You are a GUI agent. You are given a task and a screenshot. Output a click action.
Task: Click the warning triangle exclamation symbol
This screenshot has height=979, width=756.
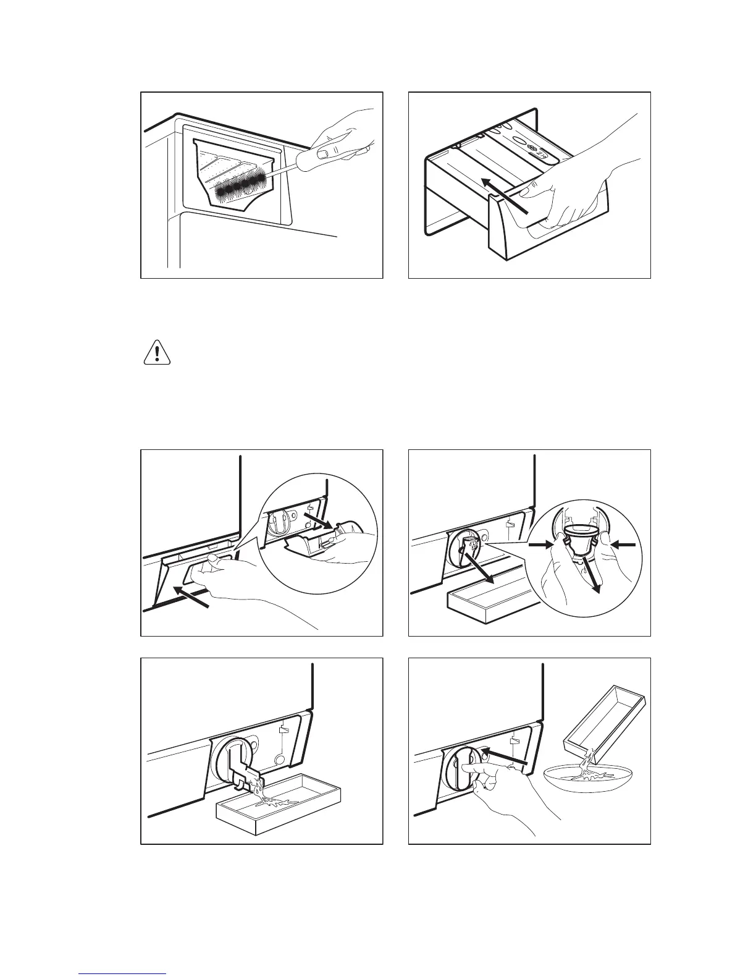157,353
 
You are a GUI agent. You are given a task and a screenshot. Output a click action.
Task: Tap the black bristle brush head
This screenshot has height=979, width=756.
244,187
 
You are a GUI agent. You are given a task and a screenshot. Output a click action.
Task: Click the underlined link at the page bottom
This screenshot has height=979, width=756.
123,971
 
